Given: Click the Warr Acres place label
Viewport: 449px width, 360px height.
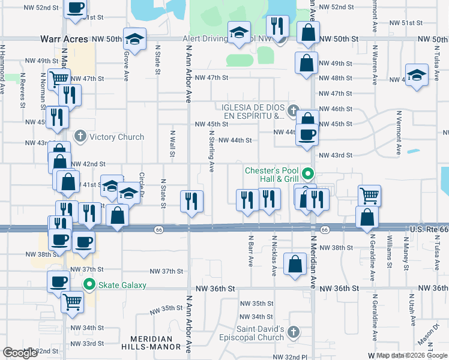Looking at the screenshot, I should point(64,38).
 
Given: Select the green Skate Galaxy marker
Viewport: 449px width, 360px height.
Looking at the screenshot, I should point(90,285).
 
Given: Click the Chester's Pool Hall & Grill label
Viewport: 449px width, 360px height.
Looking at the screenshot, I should point(271,175).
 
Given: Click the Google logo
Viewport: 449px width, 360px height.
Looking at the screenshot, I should point(20,353).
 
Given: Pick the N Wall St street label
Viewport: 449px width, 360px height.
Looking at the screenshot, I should point(172,145).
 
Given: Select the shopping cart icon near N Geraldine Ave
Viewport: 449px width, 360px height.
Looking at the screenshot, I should point(369,195).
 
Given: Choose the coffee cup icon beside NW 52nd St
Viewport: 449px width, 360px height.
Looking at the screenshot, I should point(75,8).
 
